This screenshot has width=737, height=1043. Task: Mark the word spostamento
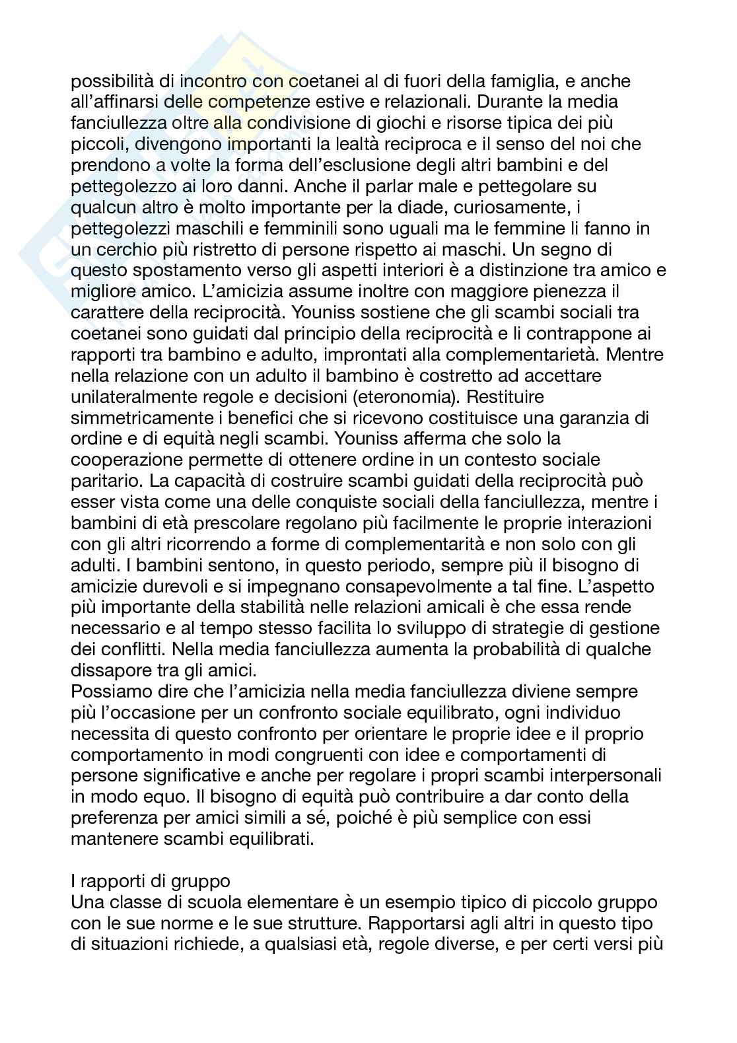188,271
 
